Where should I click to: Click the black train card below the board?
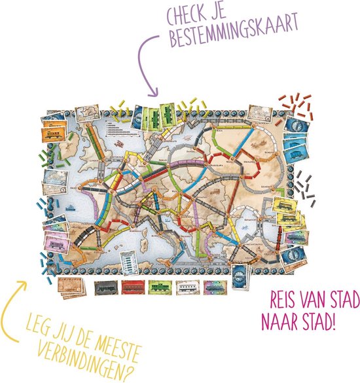[106, 286]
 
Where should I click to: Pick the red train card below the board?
[132, 286]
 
